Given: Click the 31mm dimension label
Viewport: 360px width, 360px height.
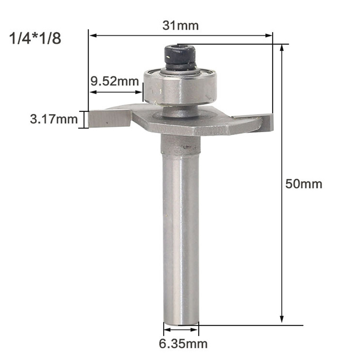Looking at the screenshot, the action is (x=180, y=26).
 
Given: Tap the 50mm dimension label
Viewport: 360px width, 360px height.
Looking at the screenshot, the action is (x=304, y=184).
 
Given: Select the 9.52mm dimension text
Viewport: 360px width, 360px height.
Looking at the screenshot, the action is (x=115, y=81).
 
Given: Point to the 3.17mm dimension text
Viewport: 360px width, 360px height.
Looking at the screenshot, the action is (x=54, y=119).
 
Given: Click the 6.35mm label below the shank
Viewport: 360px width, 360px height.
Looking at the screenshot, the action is (x=183, y=344).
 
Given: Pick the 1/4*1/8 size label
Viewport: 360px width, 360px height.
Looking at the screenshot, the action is (x=35, y=38).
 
